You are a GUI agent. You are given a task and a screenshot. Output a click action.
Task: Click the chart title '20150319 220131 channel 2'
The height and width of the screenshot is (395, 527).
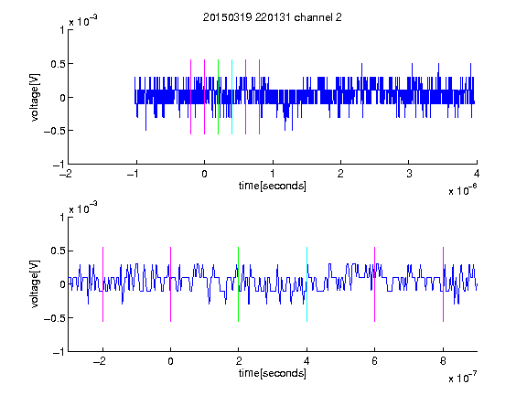(x=273, y=17)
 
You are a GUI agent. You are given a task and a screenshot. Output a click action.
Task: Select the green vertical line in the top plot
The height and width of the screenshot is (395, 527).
(x=218, y=97)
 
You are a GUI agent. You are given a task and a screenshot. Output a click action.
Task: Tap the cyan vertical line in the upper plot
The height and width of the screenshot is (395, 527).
(x=231, y=97)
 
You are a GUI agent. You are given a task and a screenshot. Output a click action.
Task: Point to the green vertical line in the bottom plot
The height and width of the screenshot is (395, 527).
(x=238, y=284)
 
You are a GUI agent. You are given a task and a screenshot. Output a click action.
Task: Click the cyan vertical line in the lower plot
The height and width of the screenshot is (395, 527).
(x=307, y=284)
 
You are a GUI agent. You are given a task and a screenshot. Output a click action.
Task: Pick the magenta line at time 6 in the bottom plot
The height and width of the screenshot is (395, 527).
(x=375, y=284)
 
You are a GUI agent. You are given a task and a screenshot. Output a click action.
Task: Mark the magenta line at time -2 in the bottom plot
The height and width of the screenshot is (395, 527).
(x=102, y=284)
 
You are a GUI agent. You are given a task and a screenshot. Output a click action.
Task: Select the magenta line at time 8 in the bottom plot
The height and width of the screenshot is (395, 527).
(x=444, y=284)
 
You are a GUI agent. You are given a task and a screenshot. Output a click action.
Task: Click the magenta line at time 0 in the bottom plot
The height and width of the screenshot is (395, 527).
(x=171, y=284)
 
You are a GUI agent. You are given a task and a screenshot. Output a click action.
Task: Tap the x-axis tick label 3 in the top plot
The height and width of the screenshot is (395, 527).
(x=409, y=174)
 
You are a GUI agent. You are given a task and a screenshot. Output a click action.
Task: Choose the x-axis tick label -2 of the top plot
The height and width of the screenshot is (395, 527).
(x=66, y=174)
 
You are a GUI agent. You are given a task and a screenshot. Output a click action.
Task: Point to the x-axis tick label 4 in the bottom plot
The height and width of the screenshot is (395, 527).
(x=307, y=361)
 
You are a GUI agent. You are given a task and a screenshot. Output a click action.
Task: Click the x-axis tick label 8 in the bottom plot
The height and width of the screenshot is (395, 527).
(x=443, y=361)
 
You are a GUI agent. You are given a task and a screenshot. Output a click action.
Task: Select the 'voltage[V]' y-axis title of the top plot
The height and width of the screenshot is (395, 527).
(x=35, y=97)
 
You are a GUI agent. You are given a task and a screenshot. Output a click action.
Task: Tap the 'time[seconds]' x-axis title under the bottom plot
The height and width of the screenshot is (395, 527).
(x=273, y=373)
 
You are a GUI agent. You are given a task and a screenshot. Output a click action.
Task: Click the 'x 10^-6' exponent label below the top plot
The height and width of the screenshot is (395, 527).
(x=462, y=189)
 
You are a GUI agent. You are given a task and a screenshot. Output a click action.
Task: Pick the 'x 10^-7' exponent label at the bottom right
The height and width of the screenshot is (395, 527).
(x=462, y=377)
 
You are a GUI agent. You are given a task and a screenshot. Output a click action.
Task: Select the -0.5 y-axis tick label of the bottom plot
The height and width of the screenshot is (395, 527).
(x=54, y=318)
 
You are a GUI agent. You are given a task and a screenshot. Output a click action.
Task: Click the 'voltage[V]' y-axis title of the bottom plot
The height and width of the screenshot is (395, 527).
(x=35, y=284)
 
